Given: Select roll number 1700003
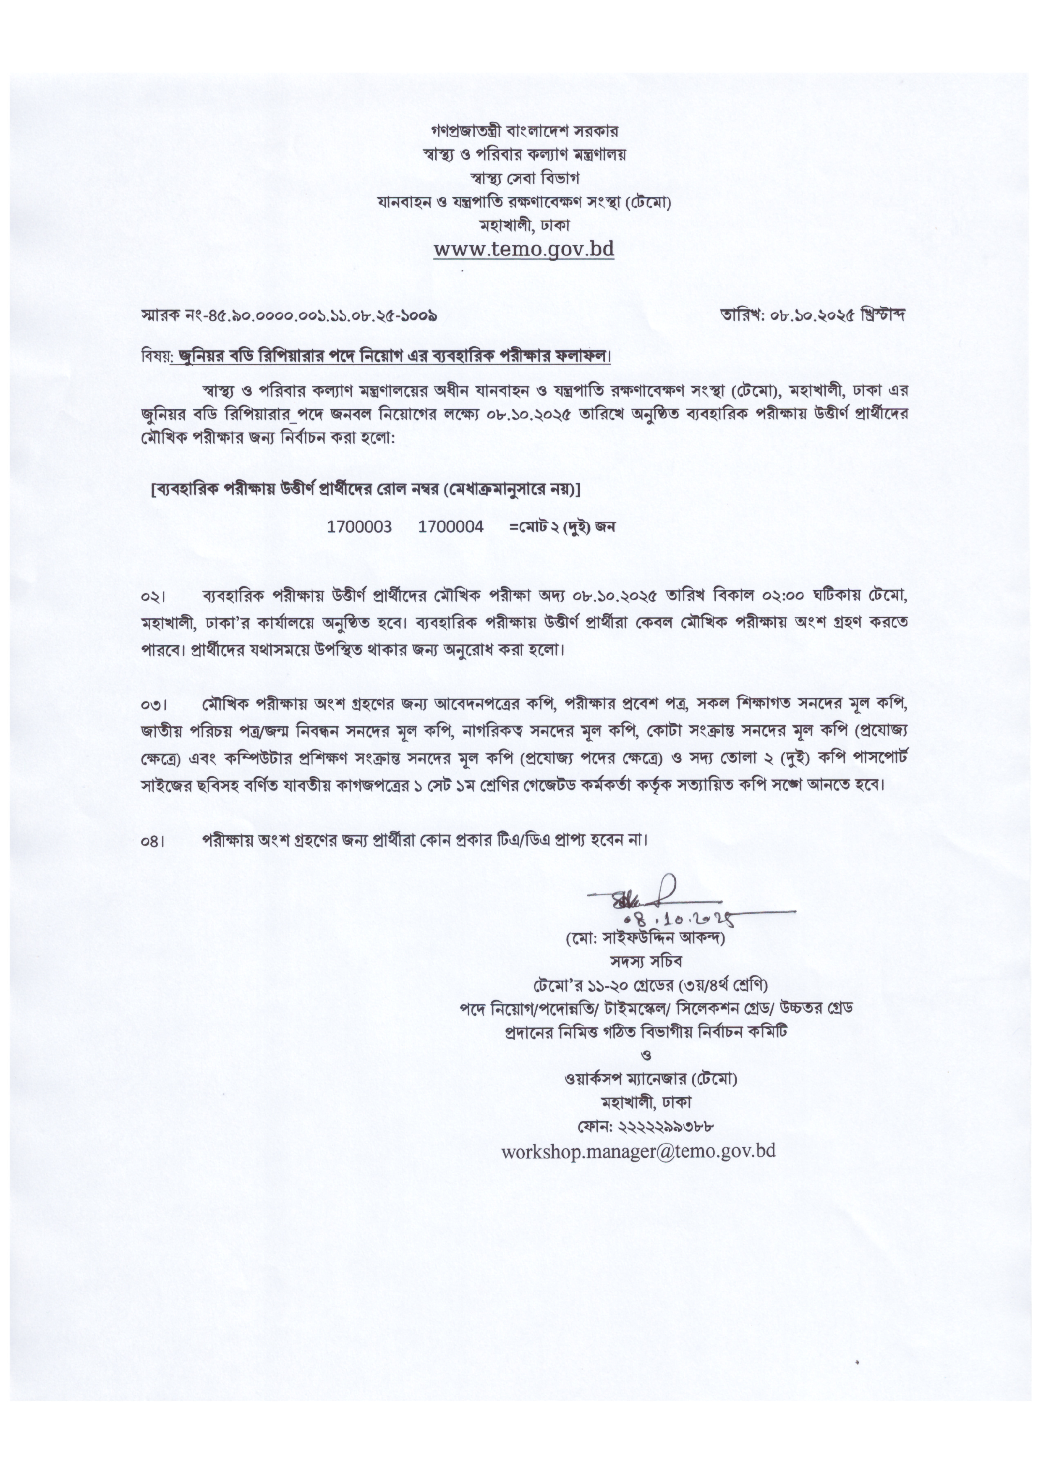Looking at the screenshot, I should [x=359, y=527].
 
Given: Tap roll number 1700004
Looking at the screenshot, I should [x=450, y=527].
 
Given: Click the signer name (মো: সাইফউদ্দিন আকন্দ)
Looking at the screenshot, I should [x=645, y=939].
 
